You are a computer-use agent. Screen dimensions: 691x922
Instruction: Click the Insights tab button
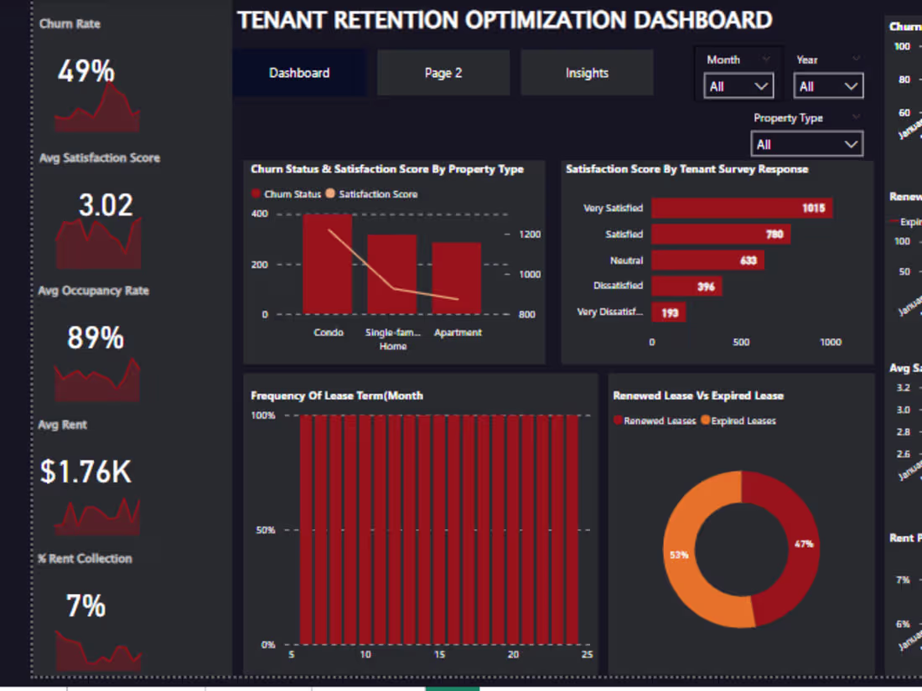[587, 73]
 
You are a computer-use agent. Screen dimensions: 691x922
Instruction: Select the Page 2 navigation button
[443, 73]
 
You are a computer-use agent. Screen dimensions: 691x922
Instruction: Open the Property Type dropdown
[807, 144]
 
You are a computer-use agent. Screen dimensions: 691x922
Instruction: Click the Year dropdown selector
[828, 86]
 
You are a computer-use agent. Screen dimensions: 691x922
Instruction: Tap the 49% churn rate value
[85, 72]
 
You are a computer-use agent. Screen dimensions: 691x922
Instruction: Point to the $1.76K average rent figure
[85, 472]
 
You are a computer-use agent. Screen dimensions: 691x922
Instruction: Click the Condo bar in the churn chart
[328, 264]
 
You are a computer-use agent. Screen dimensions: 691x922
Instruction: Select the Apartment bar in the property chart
[457, 278]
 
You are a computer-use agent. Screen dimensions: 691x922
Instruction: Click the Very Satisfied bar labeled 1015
[742, 208]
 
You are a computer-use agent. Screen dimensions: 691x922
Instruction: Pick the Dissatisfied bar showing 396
[686, 286]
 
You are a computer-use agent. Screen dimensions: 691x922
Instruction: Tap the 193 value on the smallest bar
[671, 312]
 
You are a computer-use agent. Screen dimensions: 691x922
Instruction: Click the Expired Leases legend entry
[743, 421]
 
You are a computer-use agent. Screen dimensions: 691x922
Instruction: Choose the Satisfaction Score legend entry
[377, 194]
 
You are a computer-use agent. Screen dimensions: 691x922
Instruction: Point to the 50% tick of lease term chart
[265, 530]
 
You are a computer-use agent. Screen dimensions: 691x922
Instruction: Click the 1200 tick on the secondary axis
[530, 235]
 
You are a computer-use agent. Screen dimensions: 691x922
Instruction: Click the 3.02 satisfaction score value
[106, 205]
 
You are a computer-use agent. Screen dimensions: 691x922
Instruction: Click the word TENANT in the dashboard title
[280, 20]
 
